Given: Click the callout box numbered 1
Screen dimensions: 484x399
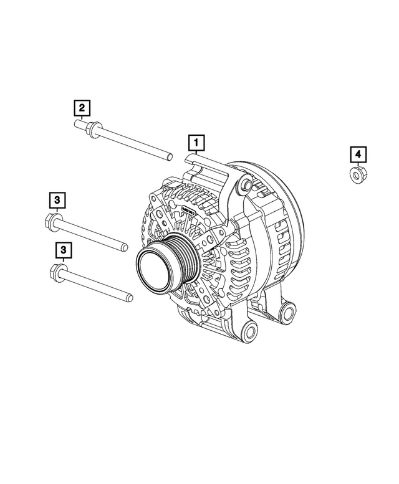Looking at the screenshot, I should (x=196, y=144).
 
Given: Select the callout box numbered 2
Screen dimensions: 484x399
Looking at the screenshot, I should (x=82, y=108).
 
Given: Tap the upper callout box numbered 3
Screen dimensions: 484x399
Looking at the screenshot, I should (x=57, y=201).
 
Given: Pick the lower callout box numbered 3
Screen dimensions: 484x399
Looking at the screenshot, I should (x=62, y=250).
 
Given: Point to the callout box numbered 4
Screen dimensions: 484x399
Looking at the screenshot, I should (x=358, y=154).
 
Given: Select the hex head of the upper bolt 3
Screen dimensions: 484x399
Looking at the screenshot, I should (x=52, y=219).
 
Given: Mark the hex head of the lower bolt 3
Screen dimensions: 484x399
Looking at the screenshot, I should (x=54, y=272).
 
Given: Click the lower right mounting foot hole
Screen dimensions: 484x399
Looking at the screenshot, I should (x=289, y=310).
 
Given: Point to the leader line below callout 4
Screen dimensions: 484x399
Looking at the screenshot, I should (x=358, y=164).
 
